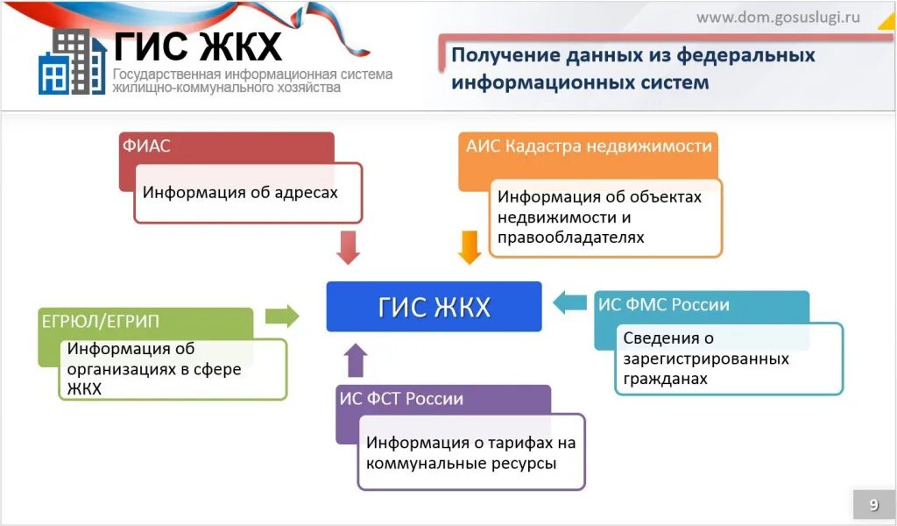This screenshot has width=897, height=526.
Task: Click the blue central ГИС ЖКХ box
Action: pyautogui.click(x=434, y=307)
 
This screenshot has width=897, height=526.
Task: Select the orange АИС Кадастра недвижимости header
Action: pyautogui.click(x=588, y=147)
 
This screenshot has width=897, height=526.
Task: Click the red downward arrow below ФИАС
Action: pyautogui.click(x=348, y=247)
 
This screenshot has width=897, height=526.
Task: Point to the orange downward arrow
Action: pyautogui.click(x=470, y=247)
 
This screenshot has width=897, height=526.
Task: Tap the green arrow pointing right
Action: pyautogui.click(x=282, y=316)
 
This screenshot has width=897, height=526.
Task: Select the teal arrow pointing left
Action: pyautogui.click(x=570, y=302)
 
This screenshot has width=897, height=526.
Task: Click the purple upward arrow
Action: pyautogui.click(x=355, y=359)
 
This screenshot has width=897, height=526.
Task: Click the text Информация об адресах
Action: pyautogui.click(x=240, y=193)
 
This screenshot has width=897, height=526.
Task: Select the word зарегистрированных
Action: pyautogui.click(x=706, y=359)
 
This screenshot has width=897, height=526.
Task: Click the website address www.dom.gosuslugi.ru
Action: pyautogui.click(x=778, y=18)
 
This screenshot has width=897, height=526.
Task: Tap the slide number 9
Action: pyautogui.click(x=872, y=505)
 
